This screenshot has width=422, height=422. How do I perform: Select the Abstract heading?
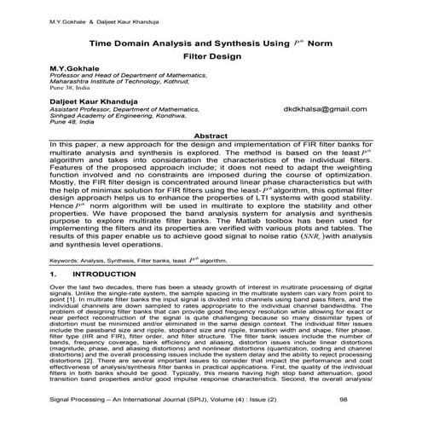click(x=211, y=136)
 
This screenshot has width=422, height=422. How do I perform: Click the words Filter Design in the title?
click(x=211, y=54)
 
